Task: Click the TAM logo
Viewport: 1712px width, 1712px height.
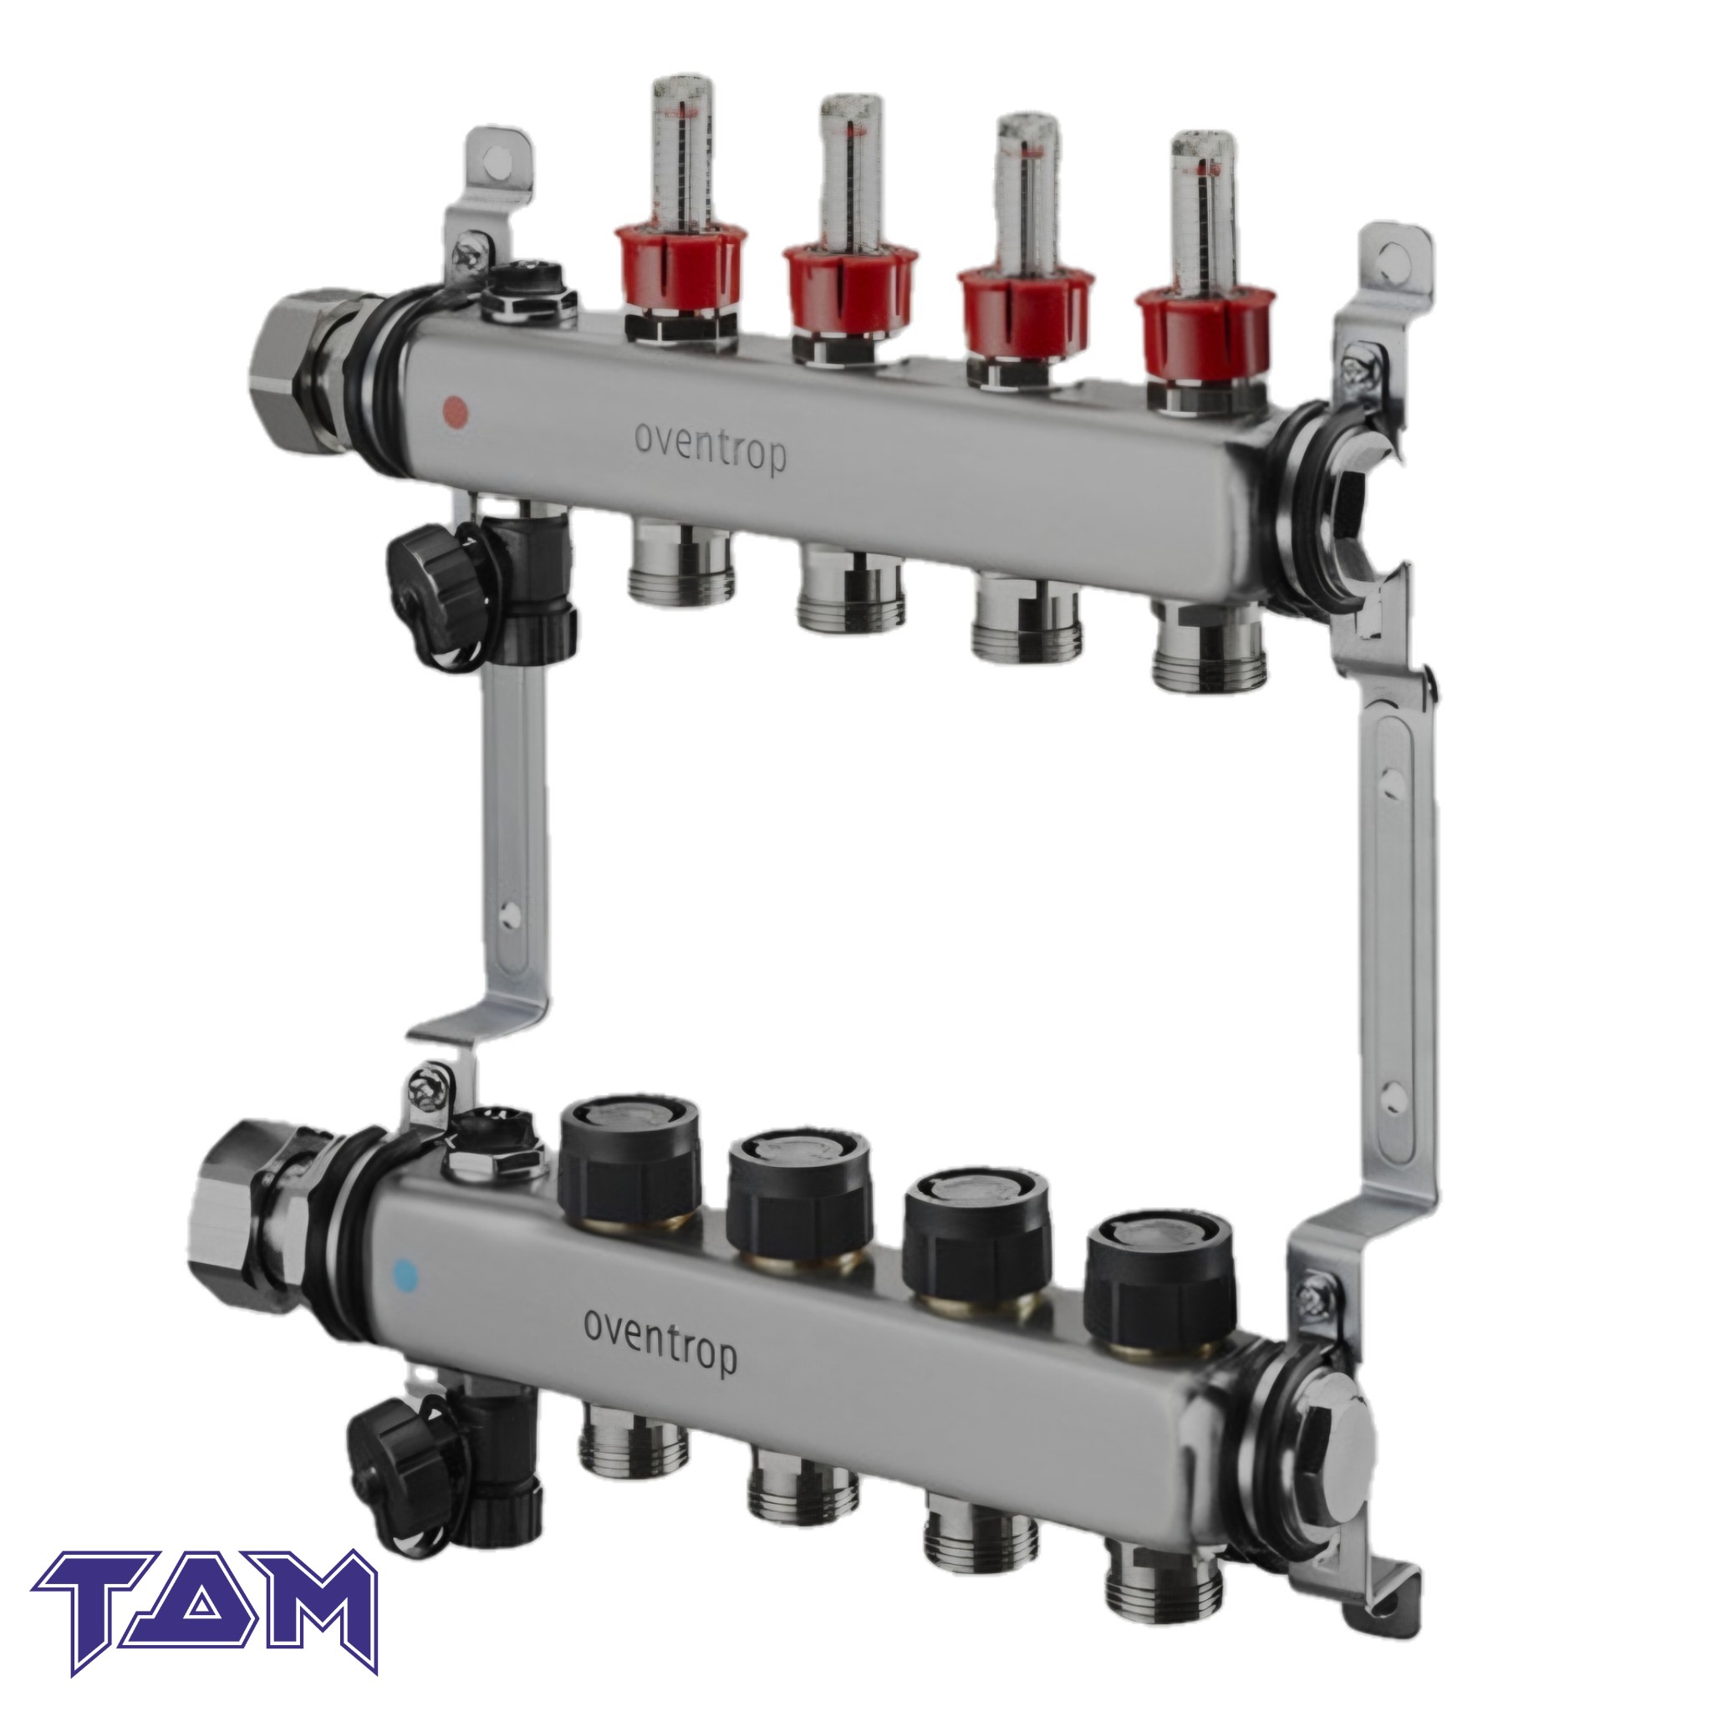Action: pos(206,1623)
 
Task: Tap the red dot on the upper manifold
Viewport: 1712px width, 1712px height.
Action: pos(455,410)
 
